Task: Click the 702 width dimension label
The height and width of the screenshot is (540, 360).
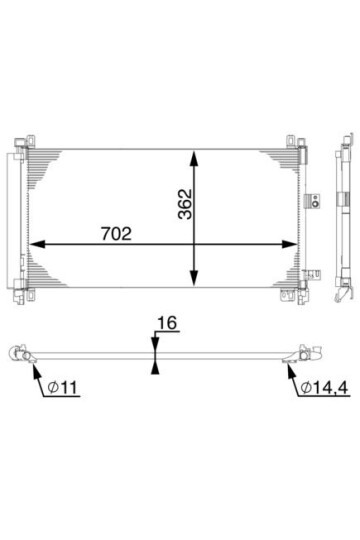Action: [116, 233]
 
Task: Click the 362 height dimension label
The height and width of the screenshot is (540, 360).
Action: [185, 204]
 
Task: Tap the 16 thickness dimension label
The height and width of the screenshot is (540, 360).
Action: [167, 323]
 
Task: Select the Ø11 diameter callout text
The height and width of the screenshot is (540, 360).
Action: [63, 388]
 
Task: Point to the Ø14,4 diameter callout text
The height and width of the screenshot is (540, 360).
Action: [324, 388]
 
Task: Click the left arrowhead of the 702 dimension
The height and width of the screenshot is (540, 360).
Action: [37, 244]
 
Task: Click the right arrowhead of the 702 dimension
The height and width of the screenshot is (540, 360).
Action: [289, 244]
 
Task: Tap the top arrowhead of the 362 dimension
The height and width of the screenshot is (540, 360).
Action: [195, 158]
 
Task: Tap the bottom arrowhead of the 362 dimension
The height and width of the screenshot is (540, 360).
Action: [195, 278]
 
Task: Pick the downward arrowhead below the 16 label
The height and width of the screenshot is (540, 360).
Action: [155, 344]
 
